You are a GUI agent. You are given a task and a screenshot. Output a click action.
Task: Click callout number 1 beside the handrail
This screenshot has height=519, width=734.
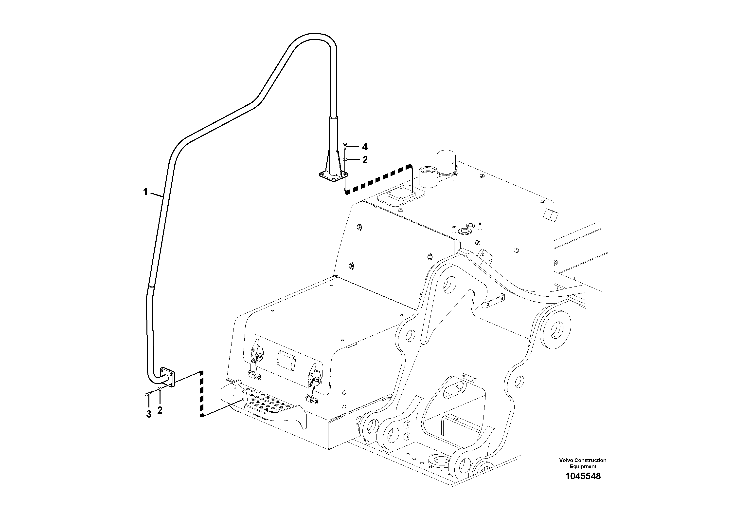(145, 192)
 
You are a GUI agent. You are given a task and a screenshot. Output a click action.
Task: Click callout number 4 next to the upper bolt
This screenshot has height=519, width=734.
(365, 147)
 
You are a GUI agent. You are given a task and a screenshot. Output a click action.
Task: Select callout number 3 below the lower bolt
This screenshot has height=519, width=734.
(149, 414)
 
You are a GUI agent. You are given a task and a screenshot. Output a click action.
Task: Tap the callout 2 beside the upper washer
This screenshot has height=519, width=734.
(365, 160)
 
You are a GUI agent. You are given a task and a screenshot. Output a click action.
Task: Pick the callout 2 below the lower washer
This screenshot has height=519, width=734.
(160, 410)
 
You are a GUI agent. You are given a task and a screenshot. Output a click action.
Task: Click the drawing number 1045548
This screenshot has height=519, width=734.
(583, 477)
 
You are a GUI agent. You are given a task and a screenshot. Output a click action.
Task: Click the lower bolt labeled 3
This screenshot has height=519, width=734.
(147, 394)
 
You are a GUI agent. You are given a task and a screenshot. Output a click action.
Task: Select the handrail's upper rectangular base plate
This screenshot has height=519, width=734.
(333, 176)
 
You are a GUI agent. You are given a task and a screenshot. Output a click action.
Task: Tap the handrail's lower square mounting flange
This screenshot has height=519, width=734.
(168, 377)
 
